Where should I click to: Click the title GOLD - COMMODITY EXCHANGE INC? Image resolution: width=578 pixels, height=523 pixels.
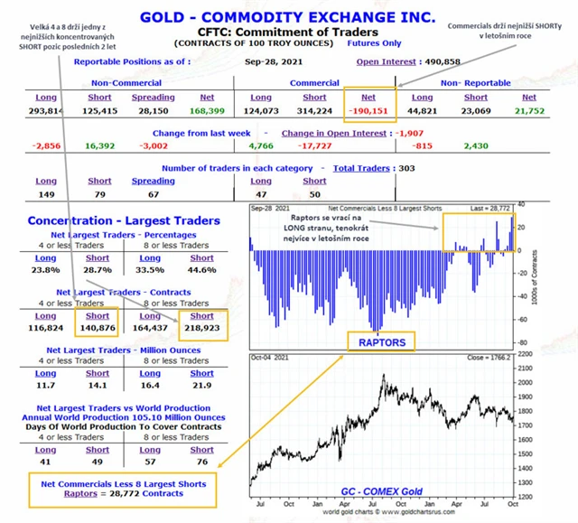tap(288, 17)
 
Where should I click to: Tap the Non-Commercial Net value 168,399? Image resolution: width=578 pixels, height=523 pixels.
tap(207, 112)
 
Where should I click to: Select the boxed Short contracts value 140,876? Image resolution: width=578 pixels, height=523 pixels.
tap(98, 329)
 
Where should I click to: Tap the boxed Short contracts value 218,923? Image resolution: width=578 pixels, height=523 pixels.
tap(201, 329)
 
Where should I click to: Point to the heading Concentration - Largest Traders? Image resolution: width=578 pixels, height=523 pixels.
tap(123, 220)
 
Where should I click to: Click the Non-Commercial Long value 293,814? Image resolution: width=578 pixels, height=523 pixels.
tap(46, 112)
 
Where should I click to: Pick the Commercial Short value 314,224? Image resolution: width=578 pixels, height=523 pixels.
tap(314, 112)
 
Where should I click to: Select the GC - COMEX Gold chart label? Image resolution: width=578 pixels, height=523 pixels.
tap(379, 490)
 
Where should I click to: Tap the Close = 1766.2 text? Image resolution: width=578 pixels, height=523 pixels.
tap(488, 358)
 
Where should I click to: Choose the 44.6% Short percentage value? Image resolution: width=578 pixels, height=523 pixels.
tap(201, 269)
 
